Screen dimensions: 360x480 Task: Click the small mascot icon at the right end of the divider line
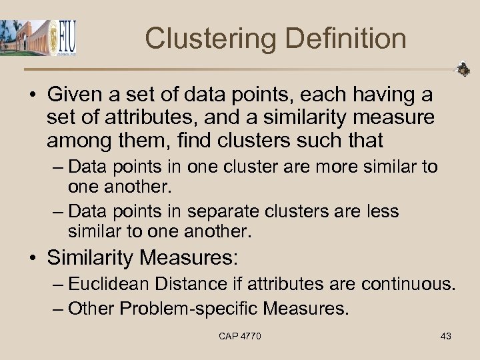coord(462,69)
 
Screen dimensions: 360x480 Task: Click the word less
coord(383,211)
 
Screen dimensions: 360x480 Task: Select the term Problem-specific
coord(193,308)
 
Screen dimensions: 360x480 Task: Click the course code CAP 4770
coord(240,336)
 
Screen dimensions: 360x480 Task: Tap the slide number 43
coord(446,336)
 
